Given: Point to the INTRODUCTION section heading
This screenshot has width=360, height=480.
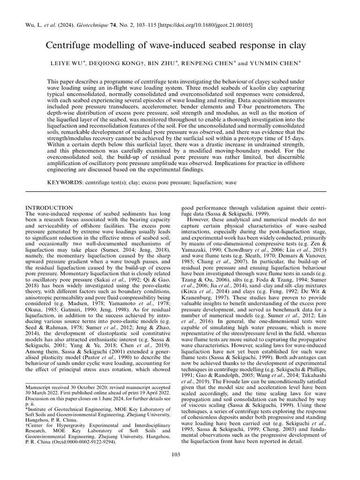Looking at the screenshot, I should pyautogui.click(x=49, y=208).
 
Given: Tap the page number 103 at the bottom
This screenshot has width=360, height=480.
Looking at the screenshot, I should pyautogui.click(x=180, y=467).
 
